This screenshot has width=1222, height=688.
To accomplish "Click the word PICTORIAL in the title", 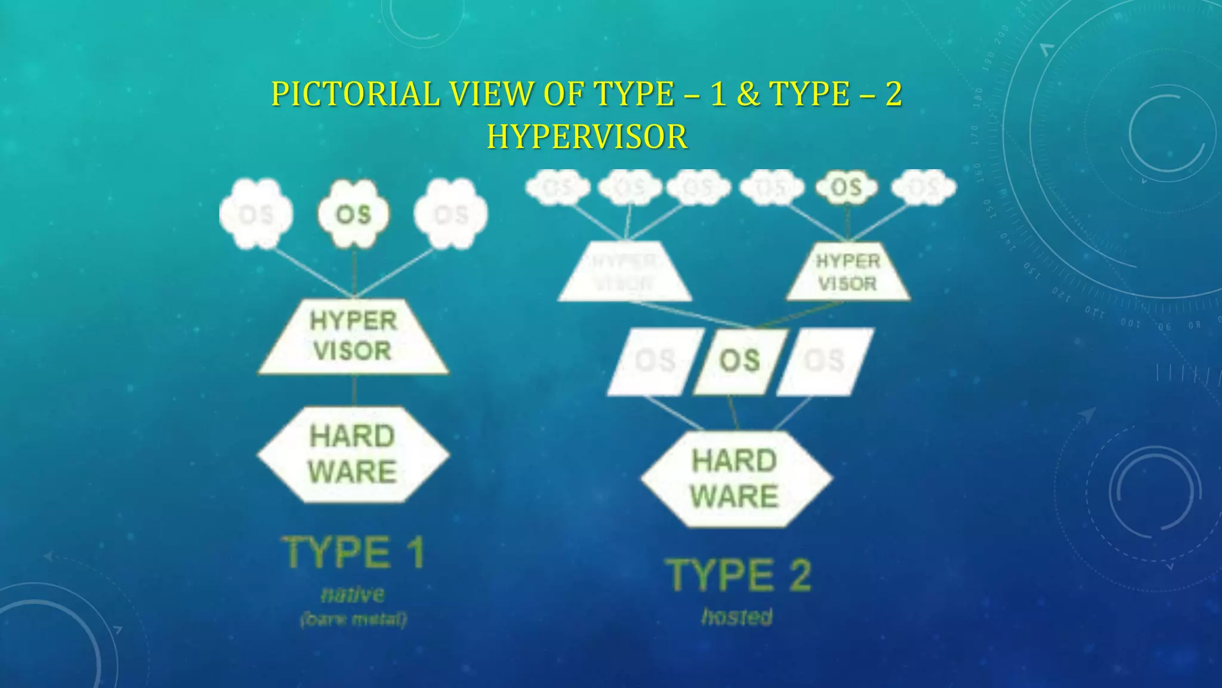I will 356,94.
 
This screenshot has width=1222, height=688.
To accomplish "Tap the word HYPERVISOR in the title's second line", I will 587,137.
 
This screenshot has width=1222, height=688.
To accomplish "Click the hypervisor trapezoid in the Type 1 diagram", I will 353,337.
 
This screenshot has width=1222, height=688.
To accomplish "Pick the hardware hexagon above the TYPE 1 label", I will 353,454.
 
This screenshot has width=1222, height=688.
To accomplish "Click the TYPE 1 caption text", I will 353,552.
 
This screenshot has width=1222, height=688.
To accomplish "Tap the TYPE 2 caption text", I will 739,575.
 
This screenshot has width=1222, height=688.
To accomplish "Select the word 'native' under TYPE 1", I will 353,595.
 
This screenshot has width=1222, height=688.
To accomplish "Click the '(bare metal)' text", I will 353,619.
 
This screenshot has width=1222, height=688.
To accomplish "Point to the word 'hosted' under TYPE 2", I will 737,616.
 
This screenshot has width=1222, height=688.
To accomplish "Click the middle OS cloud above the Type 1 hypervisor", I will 353,214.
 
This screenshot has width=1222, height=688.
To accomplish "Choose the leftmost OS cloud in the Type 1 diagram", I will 257,214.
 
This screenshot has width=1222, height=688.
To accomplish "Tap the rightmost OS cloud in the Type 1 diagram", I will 451,214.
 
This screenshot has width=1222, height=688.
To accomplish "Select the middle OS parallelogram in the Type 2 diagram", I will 740,361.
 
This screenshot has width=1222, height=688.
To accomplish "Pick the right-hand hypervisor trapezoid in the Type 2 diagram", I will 848,272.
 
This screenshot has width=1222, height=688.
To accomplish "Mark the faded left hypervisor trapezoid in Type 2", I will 625,272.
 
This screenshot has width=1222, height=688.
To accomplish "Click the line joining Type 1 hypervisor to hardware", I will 354,391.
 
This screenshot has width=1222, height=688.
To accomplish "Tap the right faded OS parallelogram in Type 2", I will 825,361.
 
